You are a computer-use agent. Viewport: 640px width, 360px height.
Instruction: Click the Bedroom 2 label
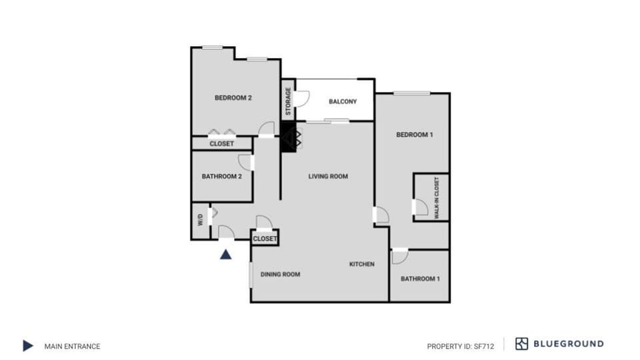(233, 98)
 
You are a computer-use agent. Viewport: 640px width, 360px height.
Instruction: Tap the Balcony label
(343, 102)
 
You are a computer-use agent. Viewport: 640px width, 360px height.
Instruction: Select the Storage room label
(288, 101)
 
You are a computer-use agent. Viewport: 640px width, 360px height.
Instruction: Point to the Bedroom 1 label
(415, 135)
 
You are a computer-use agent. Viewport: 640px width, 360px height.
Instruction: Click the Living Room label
(328, 177)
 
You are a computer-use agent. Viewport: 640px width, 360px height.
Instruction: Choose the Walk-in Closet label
(437, 198)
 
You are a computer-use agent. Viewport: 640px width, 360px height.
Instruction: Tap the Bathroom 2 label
(221, 177)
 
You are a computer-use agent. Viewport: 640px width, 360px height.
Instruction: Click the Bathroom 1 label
(420, 279)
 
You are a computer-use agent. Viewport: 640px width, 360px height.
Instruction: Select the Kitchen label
(362, 264)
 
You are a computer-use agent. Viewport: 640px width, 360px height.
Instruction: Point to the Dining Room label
(280, 274)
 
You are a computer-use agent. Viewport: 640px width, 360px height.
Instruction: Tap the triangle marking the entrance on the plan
(226, 254)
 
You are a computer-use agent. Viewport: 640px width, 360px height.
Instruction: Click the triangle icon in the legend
(27, 345)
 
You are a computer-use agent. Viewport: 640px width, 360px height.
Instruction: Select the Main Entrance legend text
(72, 346)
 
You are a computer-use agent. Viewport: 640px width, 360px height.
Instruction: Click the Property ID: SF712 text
(460, 346)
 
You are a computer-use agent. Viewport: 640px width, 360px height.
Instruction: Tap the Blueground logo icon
(521, 344)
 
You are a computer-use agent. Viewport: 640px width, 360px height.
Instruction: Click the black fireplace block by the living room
(288, 138)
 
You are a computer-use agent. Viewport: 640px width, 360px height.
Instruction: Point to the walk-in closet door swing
(421, 207)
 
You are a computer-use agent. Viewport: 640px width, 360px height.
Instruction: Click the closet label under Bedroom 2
(221, 143)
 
